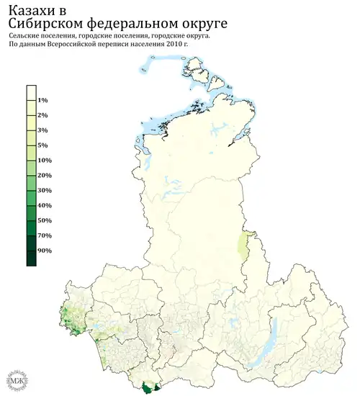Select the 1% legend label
42,100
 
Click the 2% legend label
42,115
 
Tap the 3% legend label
42,130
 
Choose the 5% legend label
42,145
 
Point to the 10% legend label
44,161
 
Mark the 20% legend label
44,176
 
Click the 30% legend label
44,191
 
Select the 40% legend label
44,206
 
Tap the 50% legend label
44,220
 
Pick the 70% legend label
44,235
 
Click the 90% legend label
44,251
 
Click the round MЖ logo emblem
14,379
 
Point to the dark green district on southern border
148,387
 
